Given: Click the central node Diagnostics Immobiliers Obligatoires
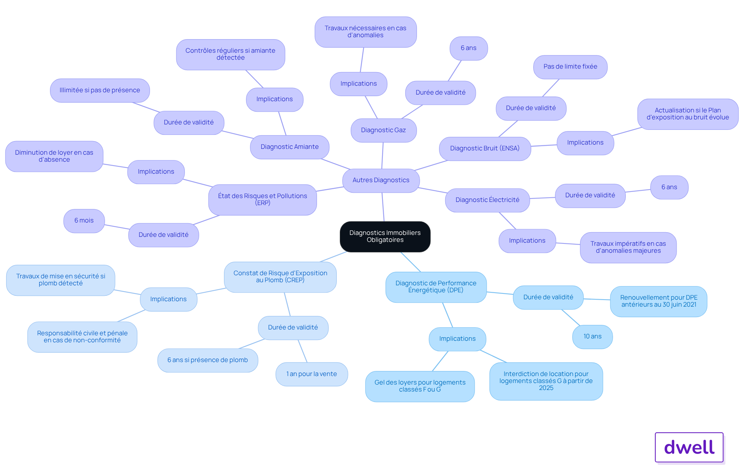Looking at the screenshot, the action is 385,236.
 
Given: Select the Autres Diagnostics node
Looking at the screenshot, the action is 381,180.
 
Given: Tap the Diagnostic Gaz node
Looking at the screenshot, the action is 384,130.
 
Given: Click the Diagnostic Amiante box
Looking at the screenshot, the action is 289,147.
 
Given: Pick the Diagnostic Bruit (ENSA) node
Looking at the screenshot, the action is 485,148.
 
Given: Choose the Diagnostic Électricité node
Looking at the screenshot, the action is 487,200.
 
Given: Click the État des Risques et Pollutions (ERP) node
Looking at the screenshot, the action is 262,200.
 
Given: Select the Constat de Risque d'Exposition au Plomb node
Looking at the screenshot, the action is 280,277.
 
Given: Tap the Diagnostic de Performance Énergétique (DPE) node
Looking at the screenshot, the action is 436,287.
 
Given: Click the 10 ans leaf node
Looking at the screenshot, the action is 592,336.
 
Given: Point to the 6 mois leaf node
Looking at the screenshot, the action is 84,221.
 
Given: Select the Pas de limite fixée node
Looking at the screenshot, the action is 570,67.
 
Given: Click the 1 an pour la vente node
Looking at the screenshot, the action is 312,374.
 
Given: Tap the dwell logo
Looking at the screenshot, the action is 689,447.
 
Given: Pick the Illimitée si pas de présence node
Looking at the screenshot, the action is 100,90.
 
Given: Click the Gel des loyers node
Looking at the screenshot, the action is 420,386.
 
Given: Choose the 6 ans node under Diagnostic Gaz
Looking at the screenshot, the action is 468,48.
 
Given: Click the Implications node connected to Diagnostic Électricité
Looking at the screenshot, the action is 527,241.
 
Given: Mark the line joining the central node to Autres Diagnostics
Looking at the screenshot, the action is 383,207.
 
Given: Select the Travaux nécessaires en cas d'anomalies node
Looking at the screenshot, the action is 365,32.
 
